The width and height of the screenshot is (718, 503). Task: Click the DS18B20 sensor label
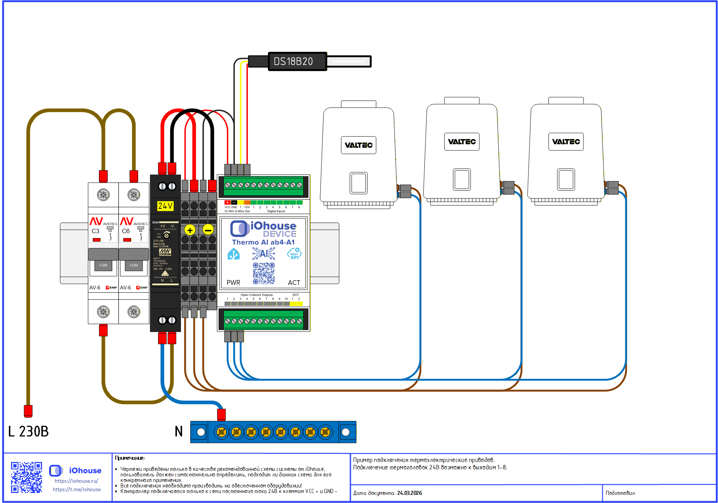click(x=293, y=61)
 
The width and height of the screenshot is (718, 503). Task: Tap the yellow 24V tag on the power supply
click(x=165, y=206)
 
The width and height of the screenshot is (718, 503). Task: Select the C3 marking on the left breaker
click(x=95, y=231)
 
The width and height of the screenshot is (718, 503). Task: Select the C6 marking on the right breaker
click(x=126, y=231)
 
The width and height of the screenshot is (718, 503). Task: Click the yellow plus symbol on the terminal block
click(x=190, y=230)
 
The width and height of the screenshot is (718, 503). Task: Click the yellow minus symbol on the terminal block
click(x=208, y=230)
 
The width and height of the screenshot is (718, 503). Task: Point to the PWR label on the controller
click(x=233, y=282)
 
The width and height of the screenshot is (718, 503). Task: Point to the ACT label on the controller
click(x=294, y=282)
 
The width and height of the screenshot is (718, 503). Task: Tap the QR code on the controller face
click(x=264, y=273)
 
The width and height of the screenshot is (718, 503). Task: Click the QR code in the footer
click(x=26, y=477)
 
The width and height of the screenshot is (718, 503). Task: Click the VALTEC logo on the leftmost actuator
click(x=359, y=145)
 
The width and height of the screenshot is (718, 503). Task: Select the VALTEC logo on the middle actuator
click(x=462, y=142)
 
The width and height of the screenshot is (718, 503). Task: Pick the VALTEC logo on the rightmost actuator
click(x=566, y=142)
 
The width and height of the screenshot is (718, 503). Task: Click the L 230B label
click(x=28, y=431)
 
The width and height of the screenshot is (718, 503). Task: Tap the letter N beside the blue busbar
click(x=179, y=431)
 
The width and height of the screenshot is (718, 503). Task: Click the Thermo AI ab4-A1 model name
click(x=263, y=242)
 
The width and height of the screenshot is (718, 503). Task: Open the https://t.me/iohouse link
click(x=77, y=489)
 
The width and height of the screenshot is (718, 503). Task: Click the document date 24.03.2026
click(x=410, y=493)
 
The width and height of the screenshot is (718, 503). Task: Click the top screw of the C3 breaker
click(x=103, y=194)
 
